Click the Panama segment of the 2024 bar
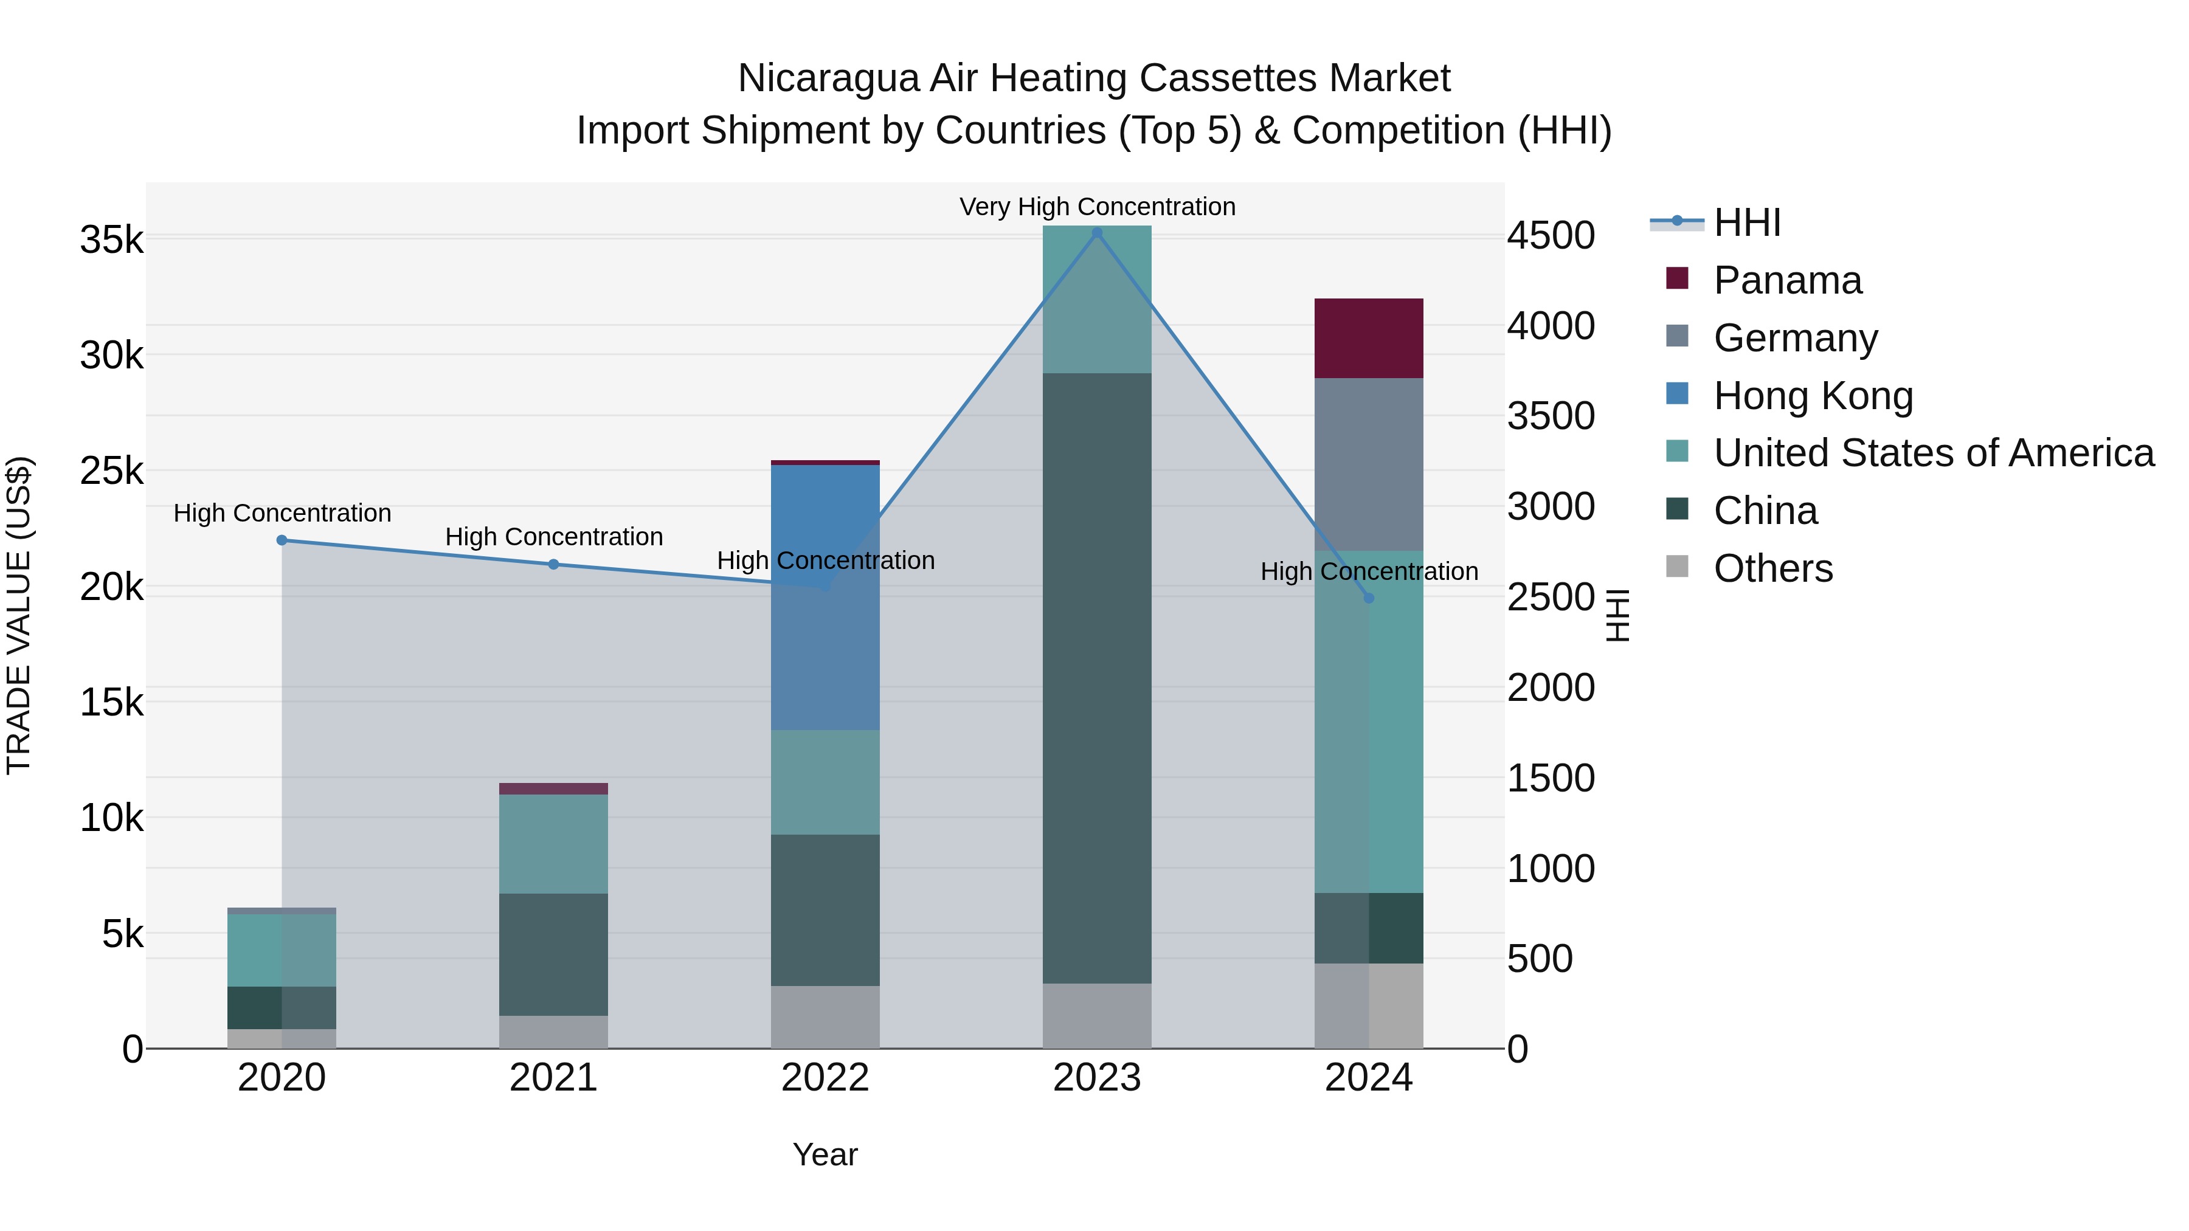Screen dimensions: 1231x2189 (x=1368, y=338)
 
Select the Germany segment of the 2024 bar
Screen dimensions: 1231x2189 (x=1368, y=464)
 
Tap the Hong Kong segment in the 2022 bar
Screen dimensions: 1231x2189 (x=825, y=596)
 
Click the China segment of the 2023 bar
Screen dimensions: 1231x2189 (x=1096, y=678)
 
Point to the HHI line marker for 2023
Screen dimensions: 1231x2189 (x=1096, y=233)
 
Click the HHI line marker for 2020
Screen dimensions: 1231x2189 (x=282, y=540)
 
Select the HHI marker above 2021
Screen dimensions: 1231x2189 (x=553, y=564)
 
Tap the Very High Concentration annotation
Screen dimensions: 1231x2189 (x=1096, y=207)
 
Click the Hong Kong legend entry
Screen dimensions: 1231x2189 (x=1813, y=396)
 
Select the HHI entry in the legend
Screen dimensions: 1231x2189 (x=1746, y=222)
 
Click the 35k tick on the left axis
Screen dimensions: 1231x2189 (x=112, y=240)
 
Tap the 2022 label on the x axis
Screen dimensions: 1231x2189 (x=825, y=1078)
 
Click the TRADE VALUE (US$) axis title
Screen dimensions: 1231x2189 (x=19, y=615)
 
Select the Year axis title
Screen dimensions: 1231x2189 (x=825, y=1154)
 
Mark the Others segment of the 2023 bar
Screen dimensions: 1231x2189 (x=1096, y=1016)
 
